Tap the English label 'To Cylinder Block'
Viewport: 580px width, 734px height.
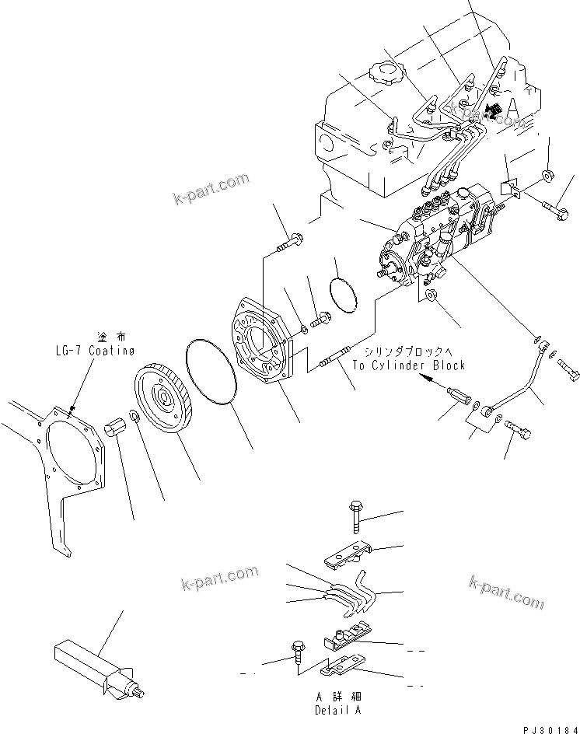click(x=408, y=365)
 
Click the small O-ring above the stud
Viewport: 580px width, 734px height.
click(x=342, y=295)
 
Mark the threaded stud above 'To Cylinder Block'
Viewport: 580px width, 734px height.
click(x=336, y=360)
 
